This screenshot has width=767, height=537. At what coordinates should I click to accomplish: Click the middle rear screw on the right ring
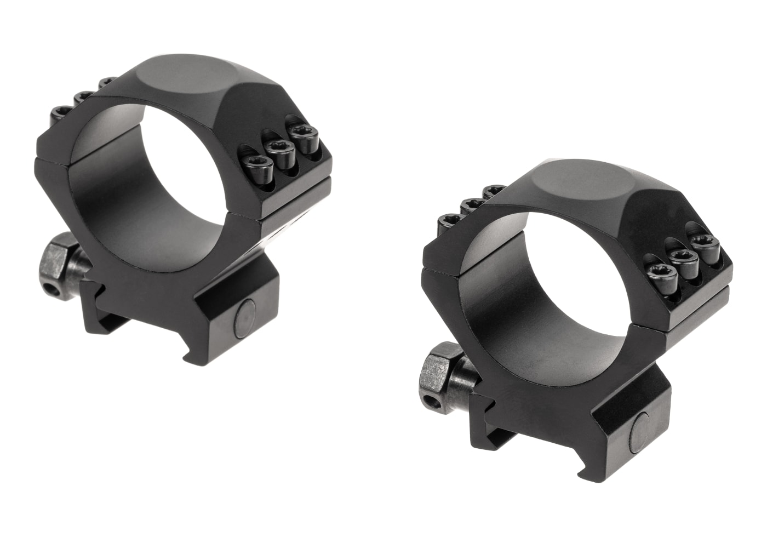(471, 205)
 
